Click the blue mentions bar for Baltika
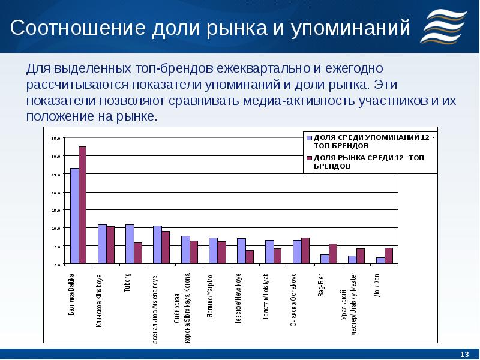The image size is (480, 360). tap(74, 216)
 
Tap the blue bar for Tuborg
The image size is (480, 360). tap(130, 244)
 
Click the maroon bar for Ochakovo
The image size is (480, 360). tap(305, 251)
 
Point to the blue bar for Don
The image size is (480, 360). tap(380, 261)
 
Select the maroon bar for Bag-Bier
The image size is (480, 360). tap(333, 254)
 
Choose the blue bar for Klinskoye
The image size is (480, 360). tap(102, 244)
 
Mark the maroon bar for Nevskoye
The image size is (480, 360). tap(250, 257)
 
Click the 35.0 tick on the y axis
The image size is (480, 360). tap(56, 139)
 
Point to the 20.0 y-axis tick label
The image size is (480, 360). tap(56, 193)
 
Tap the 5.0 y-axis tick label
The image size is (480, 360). tap(57, 247)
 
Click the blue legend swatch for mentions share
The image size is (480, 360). tap(310, 137)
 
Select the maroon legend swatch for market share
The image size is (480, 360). tap(310, 158)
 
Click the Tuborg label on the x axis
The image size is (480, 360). tap(127, 282)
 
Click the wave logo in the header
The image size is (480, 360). tap(445, 27)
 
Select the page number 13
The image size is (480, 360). tap(463, 352)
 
